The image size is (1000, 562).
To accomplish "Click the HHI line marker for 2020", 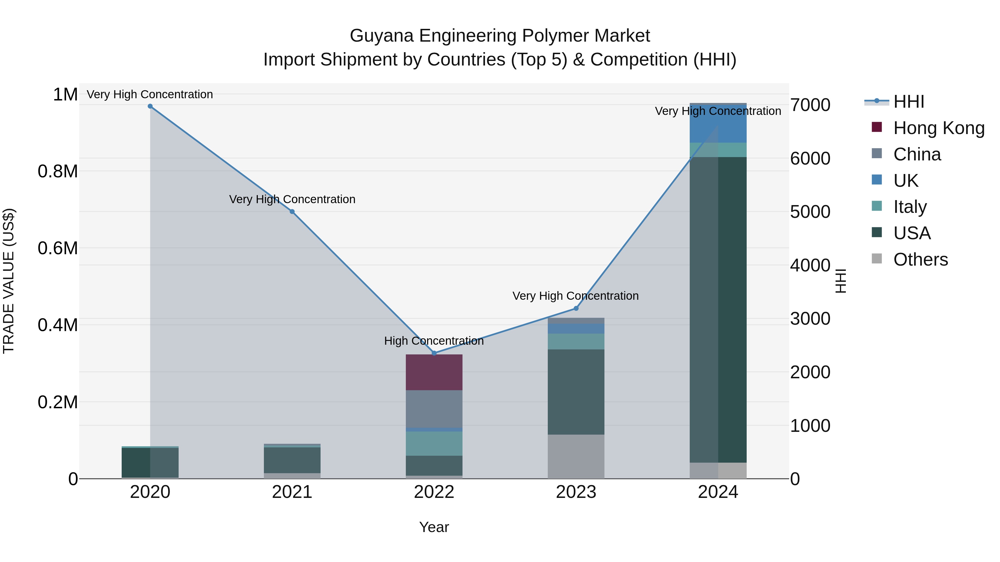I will pyautogui.click(x=150, y=106).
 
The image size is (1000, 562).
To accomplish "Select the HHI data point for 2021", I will pyautogui.click(x=292, y=212).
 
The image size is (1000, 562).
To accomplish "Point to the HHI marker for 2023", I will pyautogui.click(x=576, y=309).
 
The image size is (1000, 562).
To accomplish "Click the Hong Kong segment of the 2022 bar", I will pyautogui.click(x=434, y=372).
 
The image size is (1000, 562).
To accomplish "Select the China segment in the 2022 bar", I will pyautogui.click(x=434, y=409).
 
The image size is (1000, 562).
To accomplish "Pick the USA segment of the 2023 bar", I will pyautogui.click(x=576, y=392).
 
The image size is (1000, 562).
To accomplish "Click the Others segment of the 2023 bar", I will pyautogui.click(x=576, y=457).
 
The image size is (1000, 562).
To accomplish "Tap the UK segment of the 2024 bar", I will pyautogui.click(x=718, y=124).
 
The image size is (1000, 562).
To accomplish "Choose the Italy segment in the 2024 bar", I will pyautogui.click(x=718, y=150).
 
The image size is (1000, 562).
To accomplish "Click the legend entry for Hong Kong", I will pyautogui.click(x=939, y=128).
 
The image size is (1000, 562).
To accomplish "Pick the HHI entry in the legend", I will pyautogui.click(x=908, y=102).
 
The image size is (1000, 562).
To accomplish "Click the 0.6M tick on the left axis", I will pyautogui.click(x=58, y=248).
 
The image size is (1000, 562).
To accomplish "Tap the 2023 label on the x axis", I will pyautogui.click(x=576, y=492).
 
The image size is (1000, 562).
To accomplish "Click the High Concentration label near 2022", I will pyautogui.click(x=434, y=341).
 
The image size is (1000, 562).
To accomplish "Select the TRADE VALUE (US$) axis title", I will pyautogui.click(x=9, y=281).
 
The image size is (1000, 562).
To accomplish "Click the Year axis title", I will pyautogui.click(x=434, y=527).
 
